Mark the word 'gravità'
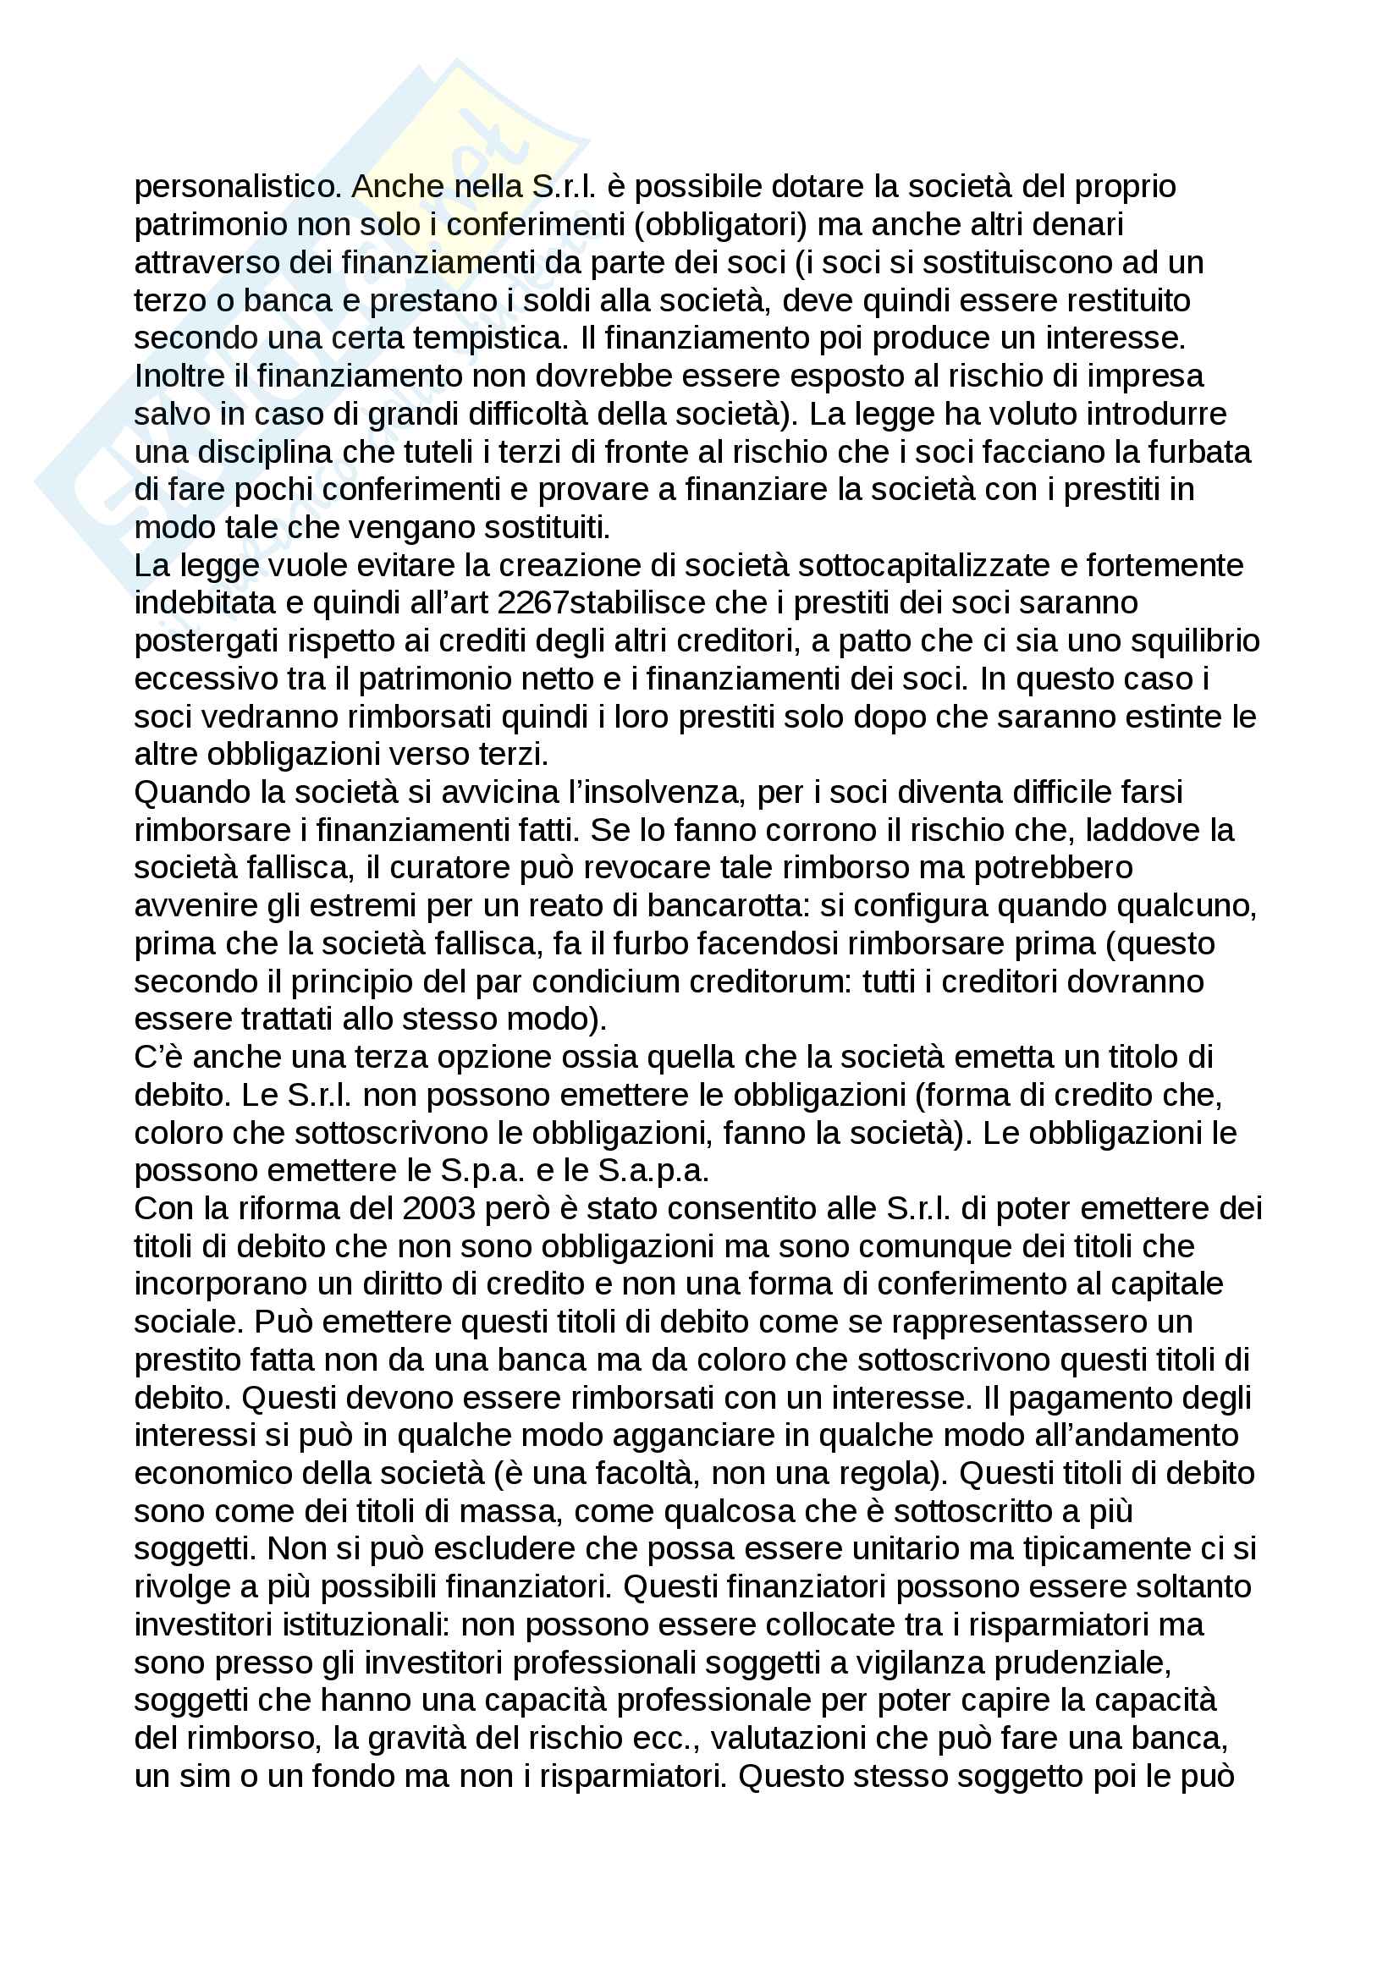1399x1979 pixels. click(417, 1739)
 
